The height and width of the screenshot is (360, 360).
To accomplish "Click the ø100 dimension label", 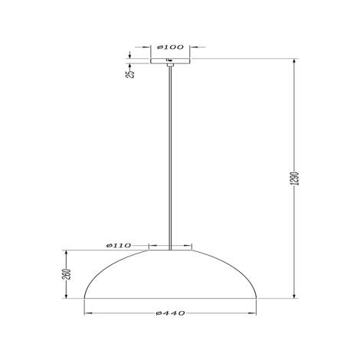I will (170, 47).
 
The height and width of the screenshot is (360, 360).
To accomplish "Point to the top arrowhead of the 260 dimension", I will (67, 253).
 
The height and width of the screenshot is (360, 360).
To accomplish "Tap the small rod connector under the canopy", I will (170, 67).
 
